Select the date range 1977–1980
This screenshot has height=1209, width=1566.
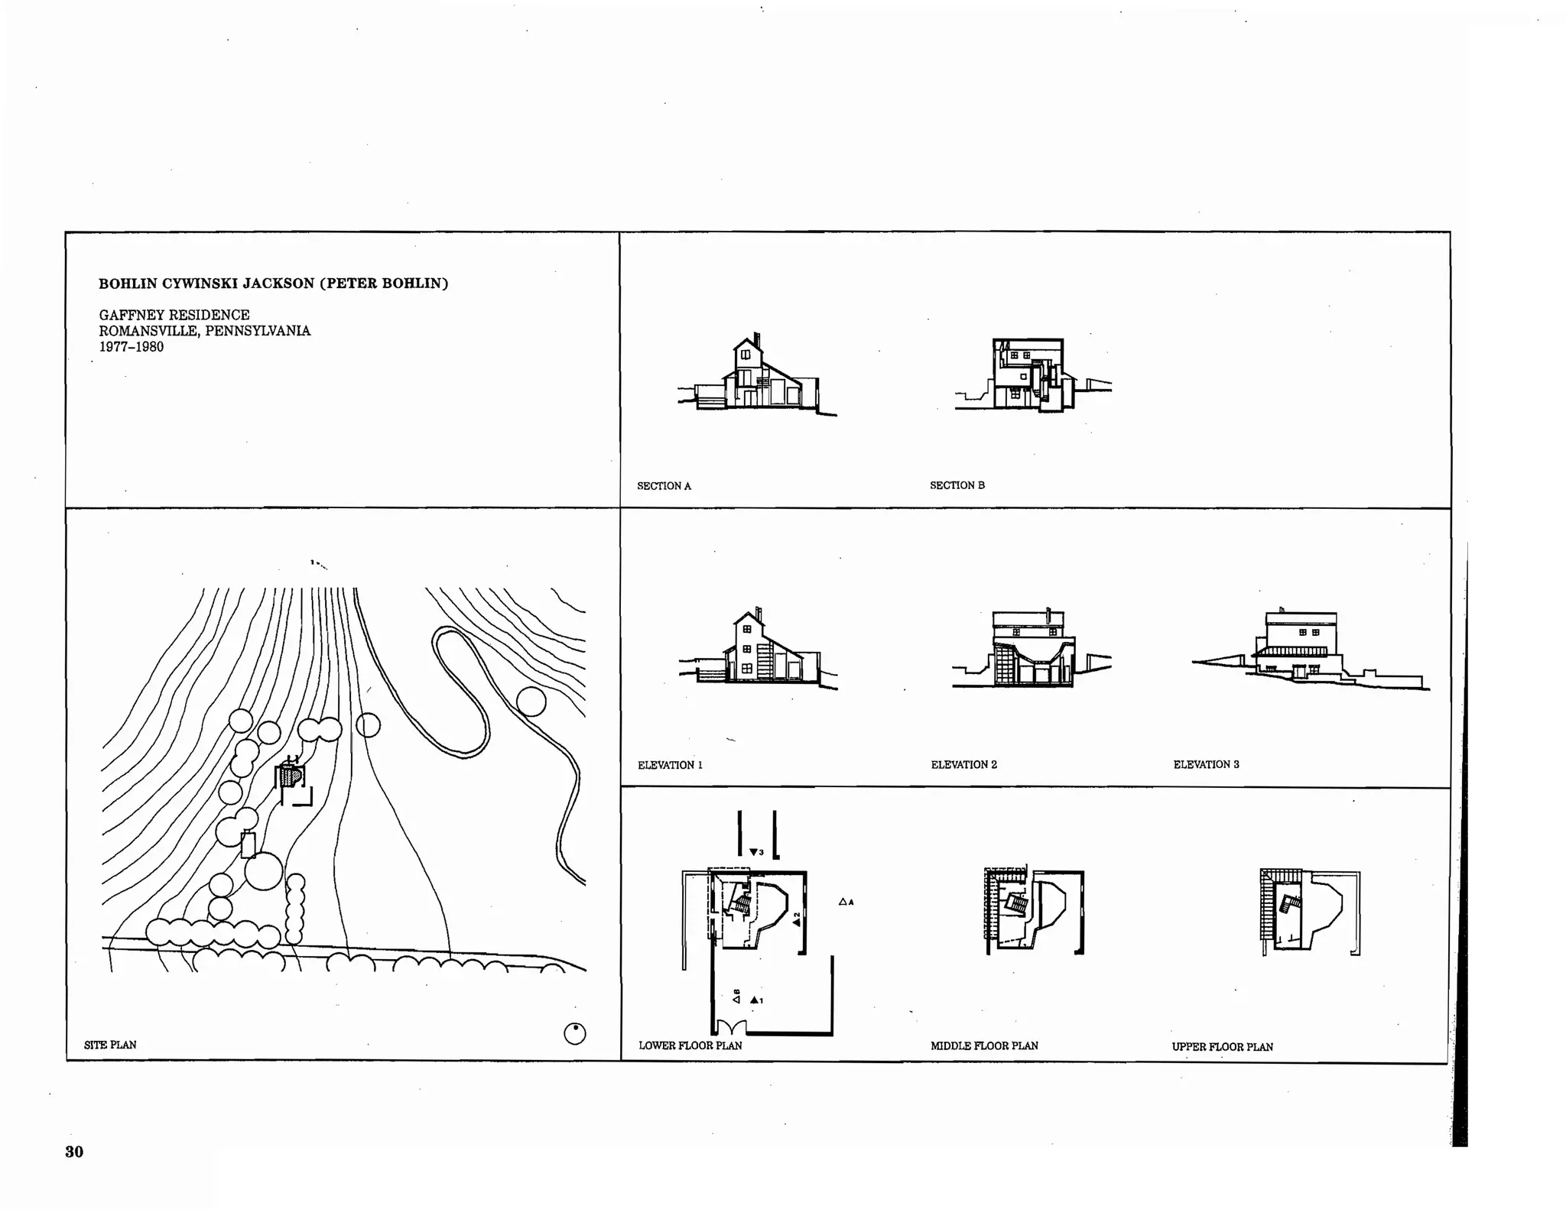[131, 347]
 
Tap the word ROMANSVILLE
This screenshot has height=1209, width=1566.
[148, 331]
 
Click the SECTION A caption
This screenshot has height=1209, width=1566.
[664, 486]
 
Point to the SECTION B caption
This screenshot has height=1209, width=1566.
[957, 485]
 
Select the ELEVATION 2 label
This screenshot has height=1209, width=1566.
[963, 765]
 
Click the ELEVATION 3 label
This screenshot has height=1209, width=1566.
[1206, 764]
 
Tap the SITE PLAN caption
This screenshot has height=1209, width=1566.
[110, 1045]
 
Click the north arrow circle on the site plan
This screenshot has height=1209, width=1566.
[574, 1033]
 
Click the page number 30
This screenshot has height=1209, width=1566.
[74, 1152]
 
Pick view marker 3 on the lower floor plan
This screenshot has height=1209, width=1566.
[755, 852]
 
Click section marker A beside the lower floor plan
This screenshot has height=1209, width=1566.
[845, 902]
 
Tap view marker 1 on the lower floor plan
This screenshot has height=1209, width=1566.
[756, 1000]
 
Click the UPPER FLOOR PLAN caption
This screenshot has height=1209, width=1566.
[1222, 1047]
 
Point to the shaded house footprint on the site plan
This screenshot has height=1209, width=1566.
[288, 776]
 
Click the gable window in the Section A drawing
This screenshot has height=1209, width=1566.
[746, 354]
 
